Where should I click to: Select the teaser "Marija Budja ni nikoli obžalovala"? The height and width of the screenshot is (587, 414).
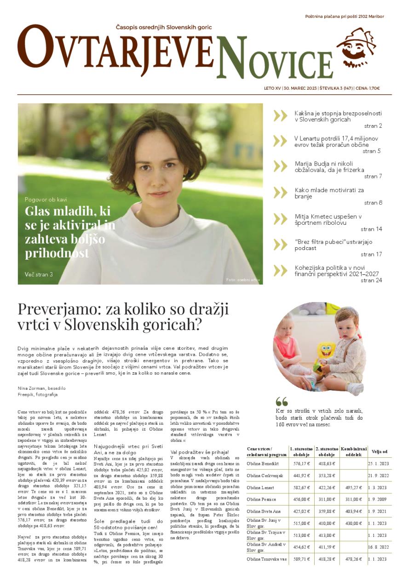pos(329,166)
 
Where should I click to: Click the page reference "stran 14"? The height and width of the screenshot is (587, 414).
pos(371,229)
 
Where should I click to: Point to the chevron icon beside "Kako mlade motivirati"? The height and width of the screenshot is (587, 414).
pos(280,193)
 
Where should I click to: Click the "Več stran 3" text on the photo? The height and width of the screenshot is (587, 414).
pos(39,274)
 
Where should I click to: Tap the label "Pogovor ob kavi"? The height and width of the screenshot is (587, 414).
pos(46,199)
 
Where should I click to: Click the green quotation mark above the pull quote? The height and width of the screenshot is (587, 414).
pos(282,402)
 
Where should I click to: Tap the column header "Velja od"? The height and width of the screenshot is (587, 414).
pos(379,451)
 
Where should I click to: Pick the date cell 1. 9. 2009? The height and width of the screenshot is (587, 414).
pos(377,499)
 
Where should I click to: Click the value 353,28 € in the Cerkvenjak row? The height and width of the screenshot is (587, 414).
pos(326,476)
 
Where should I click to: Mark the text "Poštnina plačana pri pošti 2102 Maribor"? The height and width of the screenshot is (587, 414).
pos(344,17)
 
